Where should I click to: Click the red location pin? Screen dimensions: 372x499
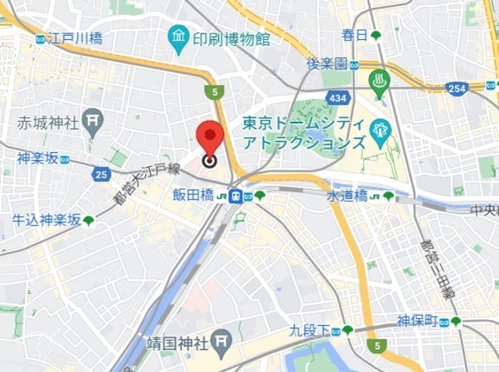210,136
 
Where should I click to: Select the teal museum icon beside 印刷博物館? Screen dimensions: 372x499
179,36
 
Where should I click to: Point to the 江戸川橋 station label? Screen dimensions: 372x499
74,37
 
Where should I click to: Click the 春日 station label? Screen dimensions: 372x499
354,35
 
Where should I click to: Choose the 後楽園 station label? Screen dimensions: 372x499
326,64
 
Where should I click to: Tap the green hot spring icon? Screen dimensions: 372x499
380,81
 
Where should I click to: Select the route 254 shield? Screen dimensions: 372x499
458,88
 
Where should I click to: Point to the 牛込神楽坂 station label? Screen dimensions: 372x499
46,220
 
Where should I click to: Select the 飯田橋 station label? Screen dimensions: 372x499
193,195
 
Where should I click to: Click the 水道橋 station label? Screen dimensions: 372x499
347,196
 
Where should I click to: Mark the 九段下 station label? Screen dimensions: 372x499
310,330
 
